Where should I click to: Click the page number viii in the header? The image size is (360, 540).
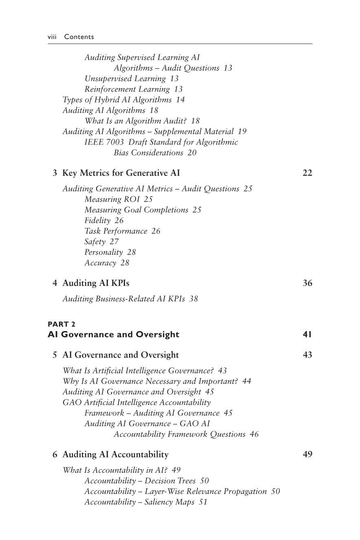(x=52, y=37)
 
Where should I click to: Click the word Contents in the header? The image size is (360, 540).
(x=79, y=37)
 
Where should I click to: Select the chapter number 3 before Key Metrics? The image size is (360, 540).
(x=55, y=173)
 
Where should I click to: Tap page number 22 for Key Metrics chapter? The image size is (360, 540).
(x=307, y=173)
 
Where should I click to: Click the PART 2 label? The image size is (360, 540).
(x=61, y=324)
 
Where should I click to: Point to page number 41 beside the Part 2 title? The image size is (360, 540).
(x=307, y=334)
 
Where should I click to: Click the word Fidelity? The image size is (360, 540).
(x=97, y=220)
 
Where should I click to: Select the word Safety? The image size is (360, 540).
(x=95, y=241)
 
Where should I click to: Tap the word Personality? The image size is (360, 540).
(x=103, y=252)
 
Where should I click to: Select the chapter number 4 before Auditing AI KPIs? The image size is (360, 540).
(x=55, y=283)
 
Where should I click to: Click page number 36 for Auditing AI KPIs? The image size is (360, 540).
(x=307, y=283)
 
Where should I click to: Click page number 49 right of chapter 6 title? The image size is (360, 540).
(x=307, y=454)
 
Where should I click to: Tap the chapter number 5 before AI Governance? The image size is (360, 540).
(x=55, y=355)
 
